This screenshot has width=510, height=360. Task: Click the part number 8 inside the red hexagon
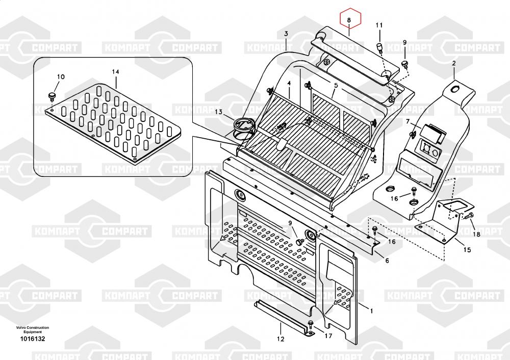point(349,20)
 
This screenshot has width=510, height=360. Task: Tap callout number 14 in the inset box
point(115,72)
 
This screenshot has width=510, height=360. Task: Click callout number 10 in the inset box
point(61,77)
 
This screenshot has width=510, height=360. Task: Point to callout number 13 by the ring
point(218,112)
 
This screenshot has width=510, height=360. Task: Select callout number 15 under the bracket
point(467,250)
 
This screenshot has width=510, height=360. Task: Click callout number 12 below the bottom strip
point(280,338)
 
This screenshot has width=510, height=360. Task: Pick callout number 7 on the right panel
point(407,121)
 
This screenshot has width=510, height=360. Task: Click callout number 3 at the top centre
point(286,34)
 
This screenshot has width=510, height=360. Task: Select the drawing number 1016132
point(33,339)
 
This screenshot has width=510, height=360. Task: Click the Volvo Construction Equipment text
point(33,329)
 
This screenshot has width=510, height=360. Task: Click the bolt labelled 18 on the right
point(470,216)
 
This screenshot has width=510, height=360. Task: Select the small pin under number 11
point(379,47)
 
